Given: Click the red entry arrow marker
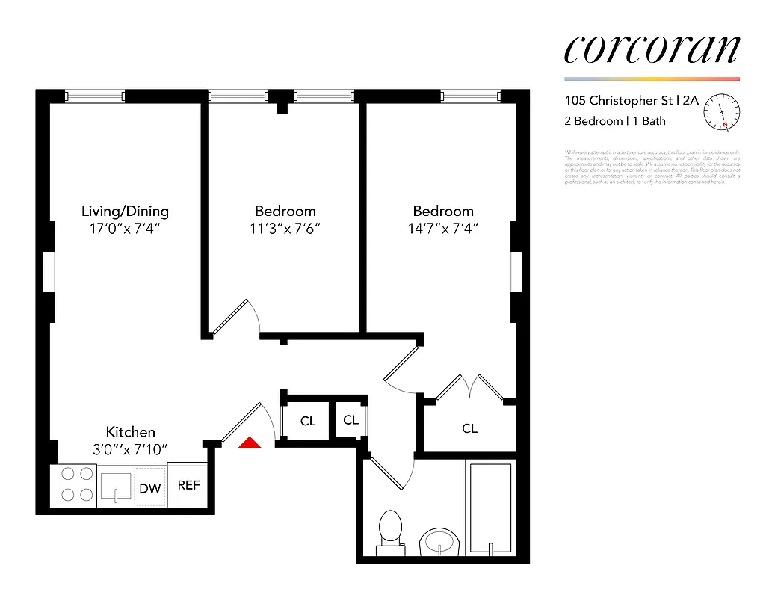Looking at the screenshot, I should pos(250,443).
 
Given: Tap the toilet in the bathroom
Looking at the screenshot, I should pos(390,532).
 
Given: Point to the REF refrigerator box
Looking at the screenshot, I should pos(188,485).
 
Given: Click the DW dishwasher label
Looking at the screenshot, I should pos(150,488).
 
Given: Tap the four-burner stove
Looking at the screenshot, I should pos(77,484).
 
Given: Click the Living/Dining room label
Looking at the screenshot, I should pos(125,211).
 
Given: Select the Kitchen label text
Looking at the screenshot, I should pos(130,432).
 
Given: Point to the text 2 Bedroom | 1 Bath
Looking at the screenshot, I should pos(614,121).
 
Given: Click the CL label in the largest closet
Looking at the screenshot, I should pos(469,428).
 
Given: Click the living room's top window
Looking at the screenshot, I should pos(94,96).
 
